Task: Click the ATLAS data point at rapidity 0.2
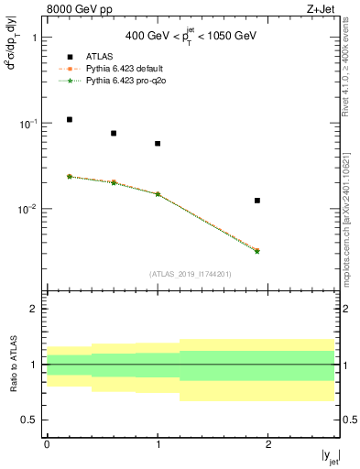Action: click(70, 120)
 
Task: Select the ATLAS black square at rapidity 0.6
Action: click(114, 134)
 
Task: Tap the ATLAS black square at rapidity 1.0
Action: click(158, 144)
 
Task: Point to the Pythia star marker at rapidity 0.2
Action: click(70, 176)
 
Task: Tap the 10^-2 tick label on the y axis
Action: click(29, 209)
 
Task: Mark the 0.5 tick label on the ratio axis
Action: click(30, 420)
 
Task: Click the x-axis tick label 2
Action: click(268, 444)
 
